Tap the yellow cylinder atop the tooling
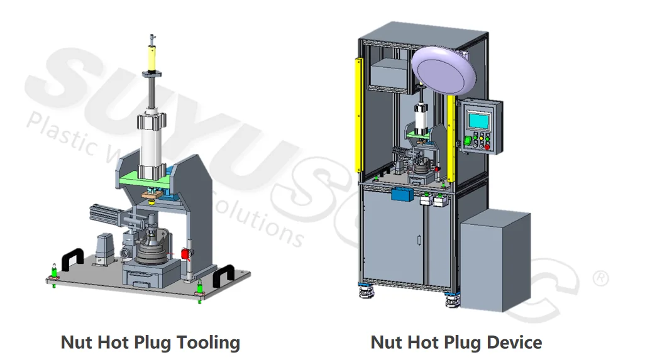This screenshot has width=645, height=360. click(x=152, y=60)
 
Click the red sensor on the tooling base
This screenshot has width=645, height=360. click(x=185, y=253)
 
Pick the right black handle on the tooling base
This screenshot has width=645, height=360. click(x=223, y=275)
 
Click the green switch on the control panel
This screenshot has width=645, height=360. click(x=467, y=140)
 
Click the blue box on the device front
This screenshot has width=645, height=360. click(x=400, y=195)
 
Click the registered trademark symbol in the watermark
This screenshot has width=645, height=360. click(x=601, y=278)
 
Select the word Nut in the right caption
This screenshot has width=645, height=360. click(x=385, y=343)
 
